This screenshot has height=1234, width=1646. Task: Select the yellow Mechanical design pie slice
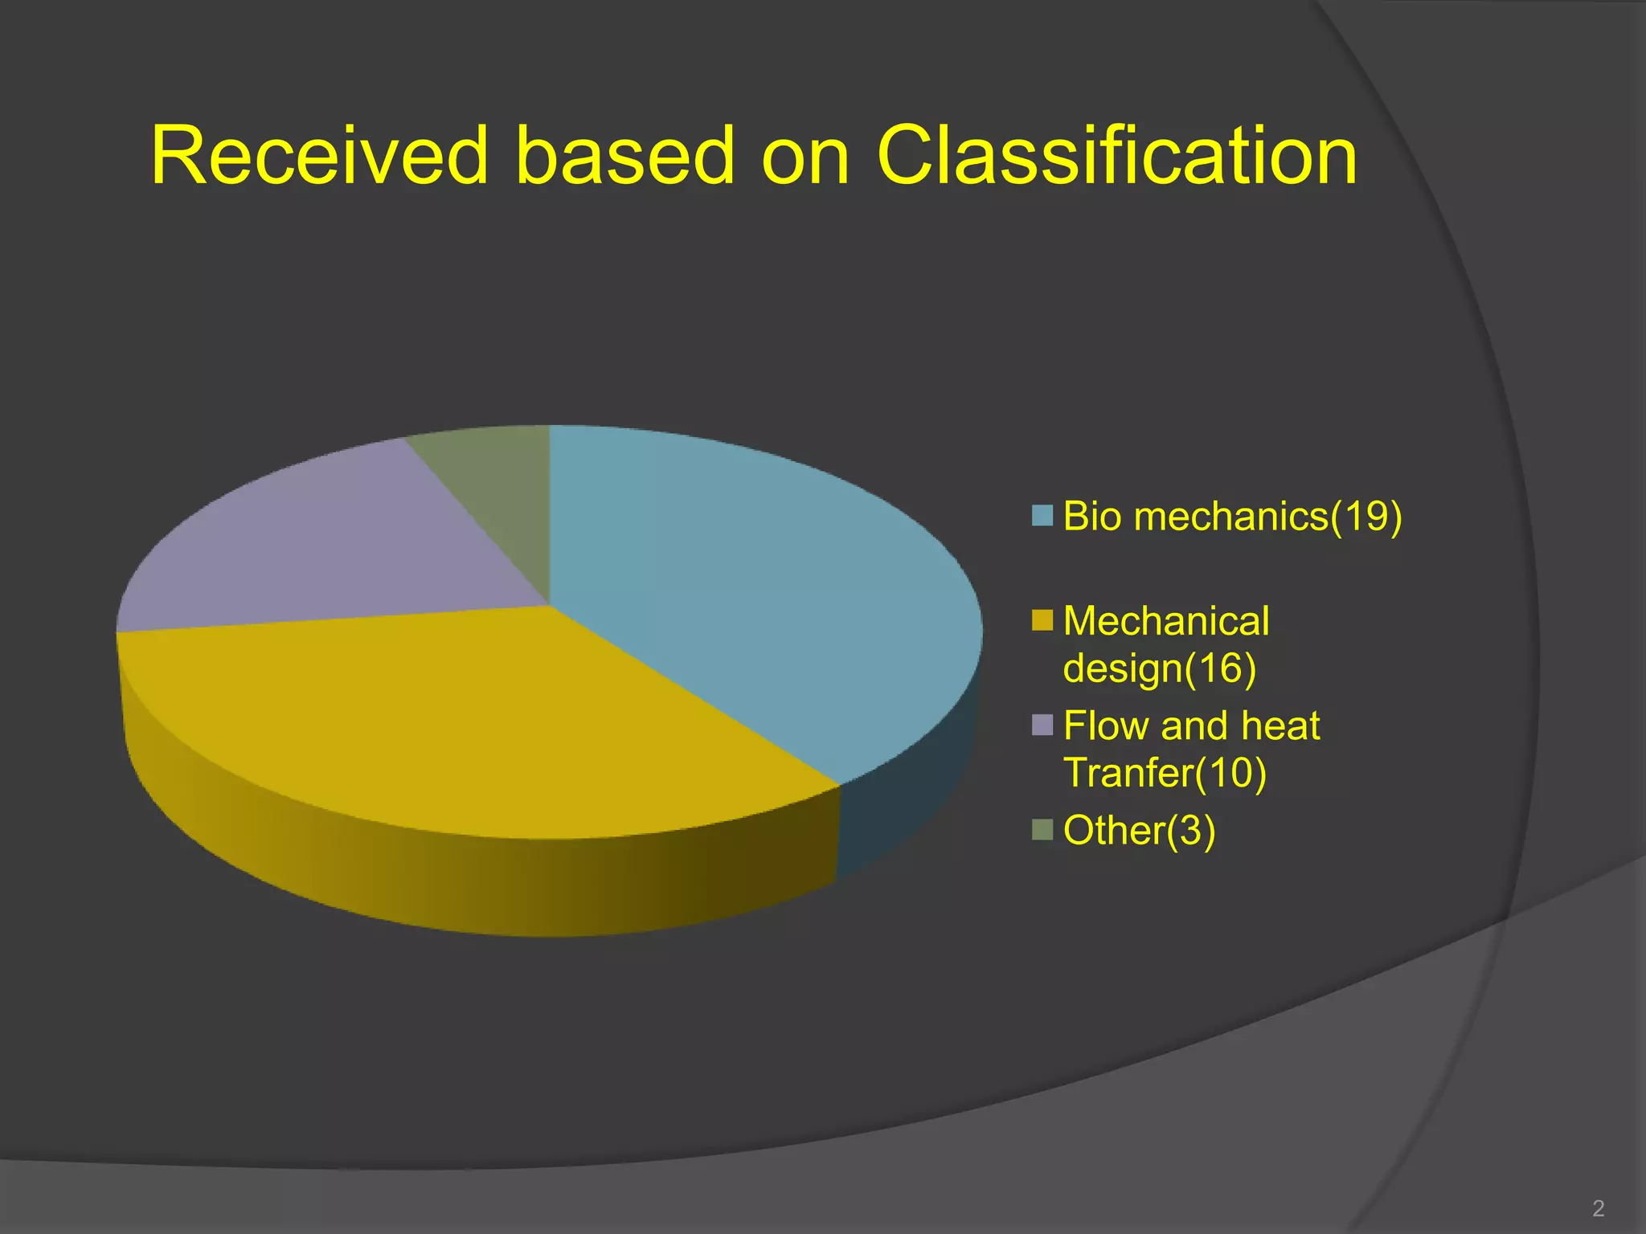tap(482, 723)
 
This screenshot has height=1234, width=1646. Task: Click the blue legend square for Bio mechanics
tap(1042, 516)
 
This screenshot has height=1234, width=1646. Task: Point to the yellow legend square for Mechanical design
tap(1042, 621)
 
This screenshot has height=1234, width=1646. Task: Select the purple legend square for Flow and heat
tap(1042, 725)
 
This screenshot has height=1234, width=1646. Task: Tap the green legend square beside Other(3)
tap(1042, 830)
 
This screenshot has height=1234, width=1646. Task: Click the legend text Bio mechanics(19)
tap(1232, 516)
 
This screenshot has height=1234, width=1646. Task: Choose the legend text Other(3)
tap(1139, 830)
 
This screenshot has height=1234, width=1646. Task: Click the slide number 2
tap(1598, 1207)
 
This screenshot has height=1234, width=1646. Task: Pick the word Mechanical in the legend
tap(1166, 621)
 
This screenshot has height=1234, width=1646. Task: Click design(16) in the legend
tap(1159, 668)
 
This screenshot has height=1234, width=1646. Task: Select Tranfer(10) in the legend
tap(1165, 773)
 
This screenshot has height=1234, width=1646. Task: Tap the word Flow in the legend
tap(1105, 725)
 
